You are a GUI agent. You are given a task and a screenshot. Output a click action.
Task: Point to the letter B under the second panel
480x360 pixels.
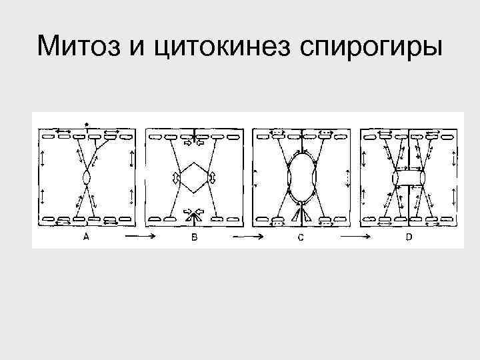click(194, 238)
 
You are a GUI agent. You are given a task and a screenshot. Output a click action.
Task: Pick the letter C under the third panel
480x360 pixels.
click(301, 239)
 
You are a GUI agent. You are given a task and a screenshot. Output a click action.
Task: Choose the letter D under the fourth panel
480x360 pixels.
click(409, 237)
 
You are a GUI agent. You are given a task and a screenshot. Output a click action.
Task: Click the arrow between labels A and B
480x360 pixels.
click(139, 237)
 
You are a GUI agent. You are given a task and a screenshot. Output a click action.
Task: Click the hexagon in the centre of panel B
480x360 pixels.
click(193, 177)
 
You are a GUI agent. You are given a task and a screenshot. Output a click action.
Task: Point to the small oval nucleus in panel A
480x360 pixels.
click(87, 178)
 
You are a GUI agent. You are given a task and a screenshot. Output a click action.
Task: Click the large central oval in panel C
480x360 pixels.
click(301, 178)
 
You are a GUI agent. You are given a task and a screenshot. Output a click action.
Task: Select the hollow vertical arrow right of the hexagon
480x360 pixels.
click(211, 178)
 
